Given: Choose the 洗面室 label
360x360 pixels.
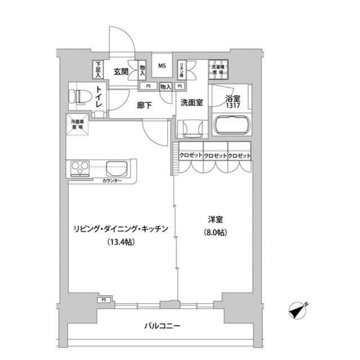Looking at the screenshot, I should pos(192,103).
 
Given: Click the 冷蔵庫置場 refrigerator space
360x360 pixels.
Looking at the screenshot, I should pos(77,124).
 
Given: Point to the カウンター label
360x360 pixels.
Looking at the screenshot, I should pos(114,181).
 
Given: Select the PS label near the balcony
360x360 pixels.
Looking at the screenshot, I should pos(104,300).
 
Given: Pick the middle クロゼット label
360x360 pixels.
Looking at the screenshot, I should pos(215,156).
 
